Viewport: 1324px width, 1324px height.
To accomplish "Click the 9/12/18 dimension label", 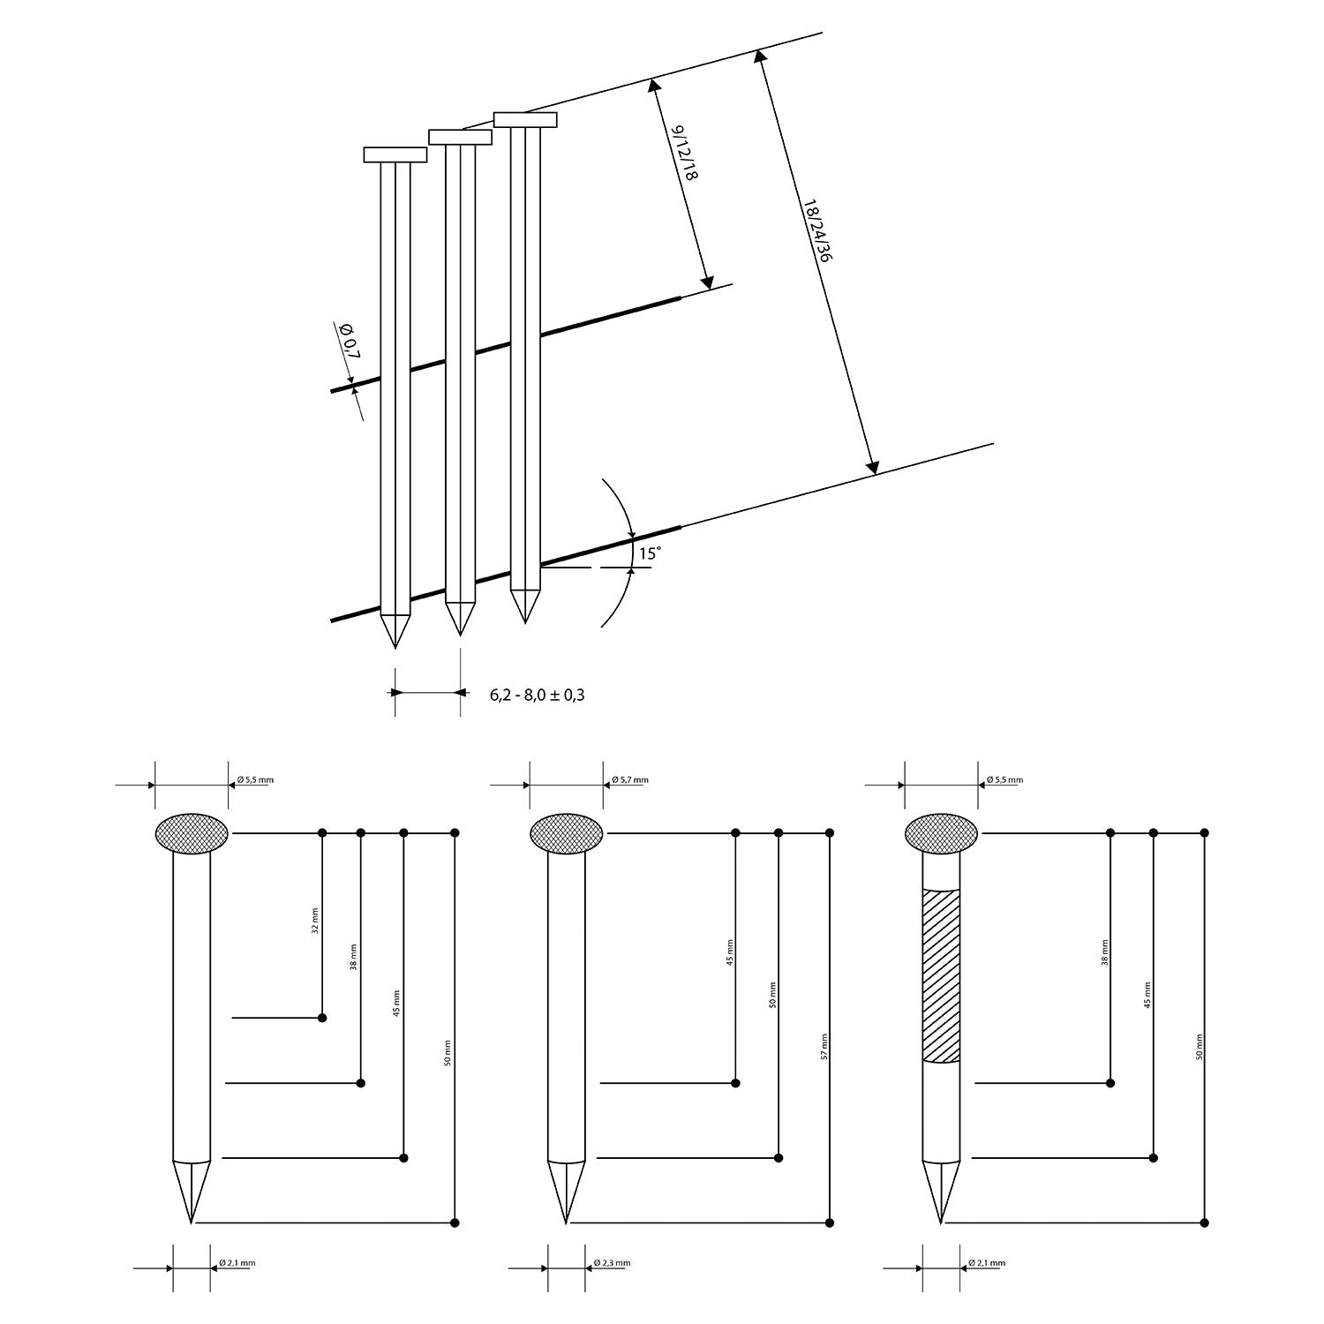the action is coord(686,154).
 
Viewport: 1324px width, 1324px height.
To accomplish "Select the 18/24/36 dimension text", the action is coord(818,231).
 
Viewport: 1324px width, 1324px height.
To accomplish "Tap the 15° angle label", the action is coord(650,554).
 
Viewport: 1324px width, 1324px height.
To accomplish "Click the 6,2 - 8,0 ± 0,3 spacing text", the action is coord(538,695).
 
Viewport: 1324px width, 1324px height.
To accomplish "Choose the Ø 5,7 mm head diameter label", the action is coord(629,780).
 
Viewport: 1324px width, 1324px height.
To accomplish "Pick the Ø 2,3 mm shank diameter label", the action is coord(612,1263).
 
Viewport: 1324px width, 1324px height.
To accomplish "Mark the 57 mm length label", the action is coord(824,1046).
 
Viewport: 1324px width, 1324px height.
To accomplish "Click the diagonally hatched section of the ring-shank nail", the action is coord(941,974).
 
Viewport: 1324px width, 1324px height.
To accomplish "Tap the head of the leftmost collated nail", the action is coord(395,154).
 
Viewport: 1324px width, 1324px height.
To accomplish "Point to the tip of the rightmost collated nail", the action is coord(525,622).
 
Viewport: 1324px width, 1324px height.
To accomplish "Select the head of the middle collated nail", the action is coord(460,137).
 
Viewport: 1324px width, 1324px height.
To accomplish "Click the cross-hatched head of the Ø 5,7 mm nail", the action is coord(566,833).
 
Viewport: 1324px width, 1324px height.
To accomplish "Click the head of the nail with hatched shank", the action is coord(941,833).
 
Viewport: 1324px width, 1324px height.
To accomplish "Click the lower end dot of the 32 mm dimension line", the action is coord(322,1018).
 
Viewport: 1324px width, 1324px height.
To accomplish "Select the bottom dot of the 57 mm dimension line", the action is coord(830,1222).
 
